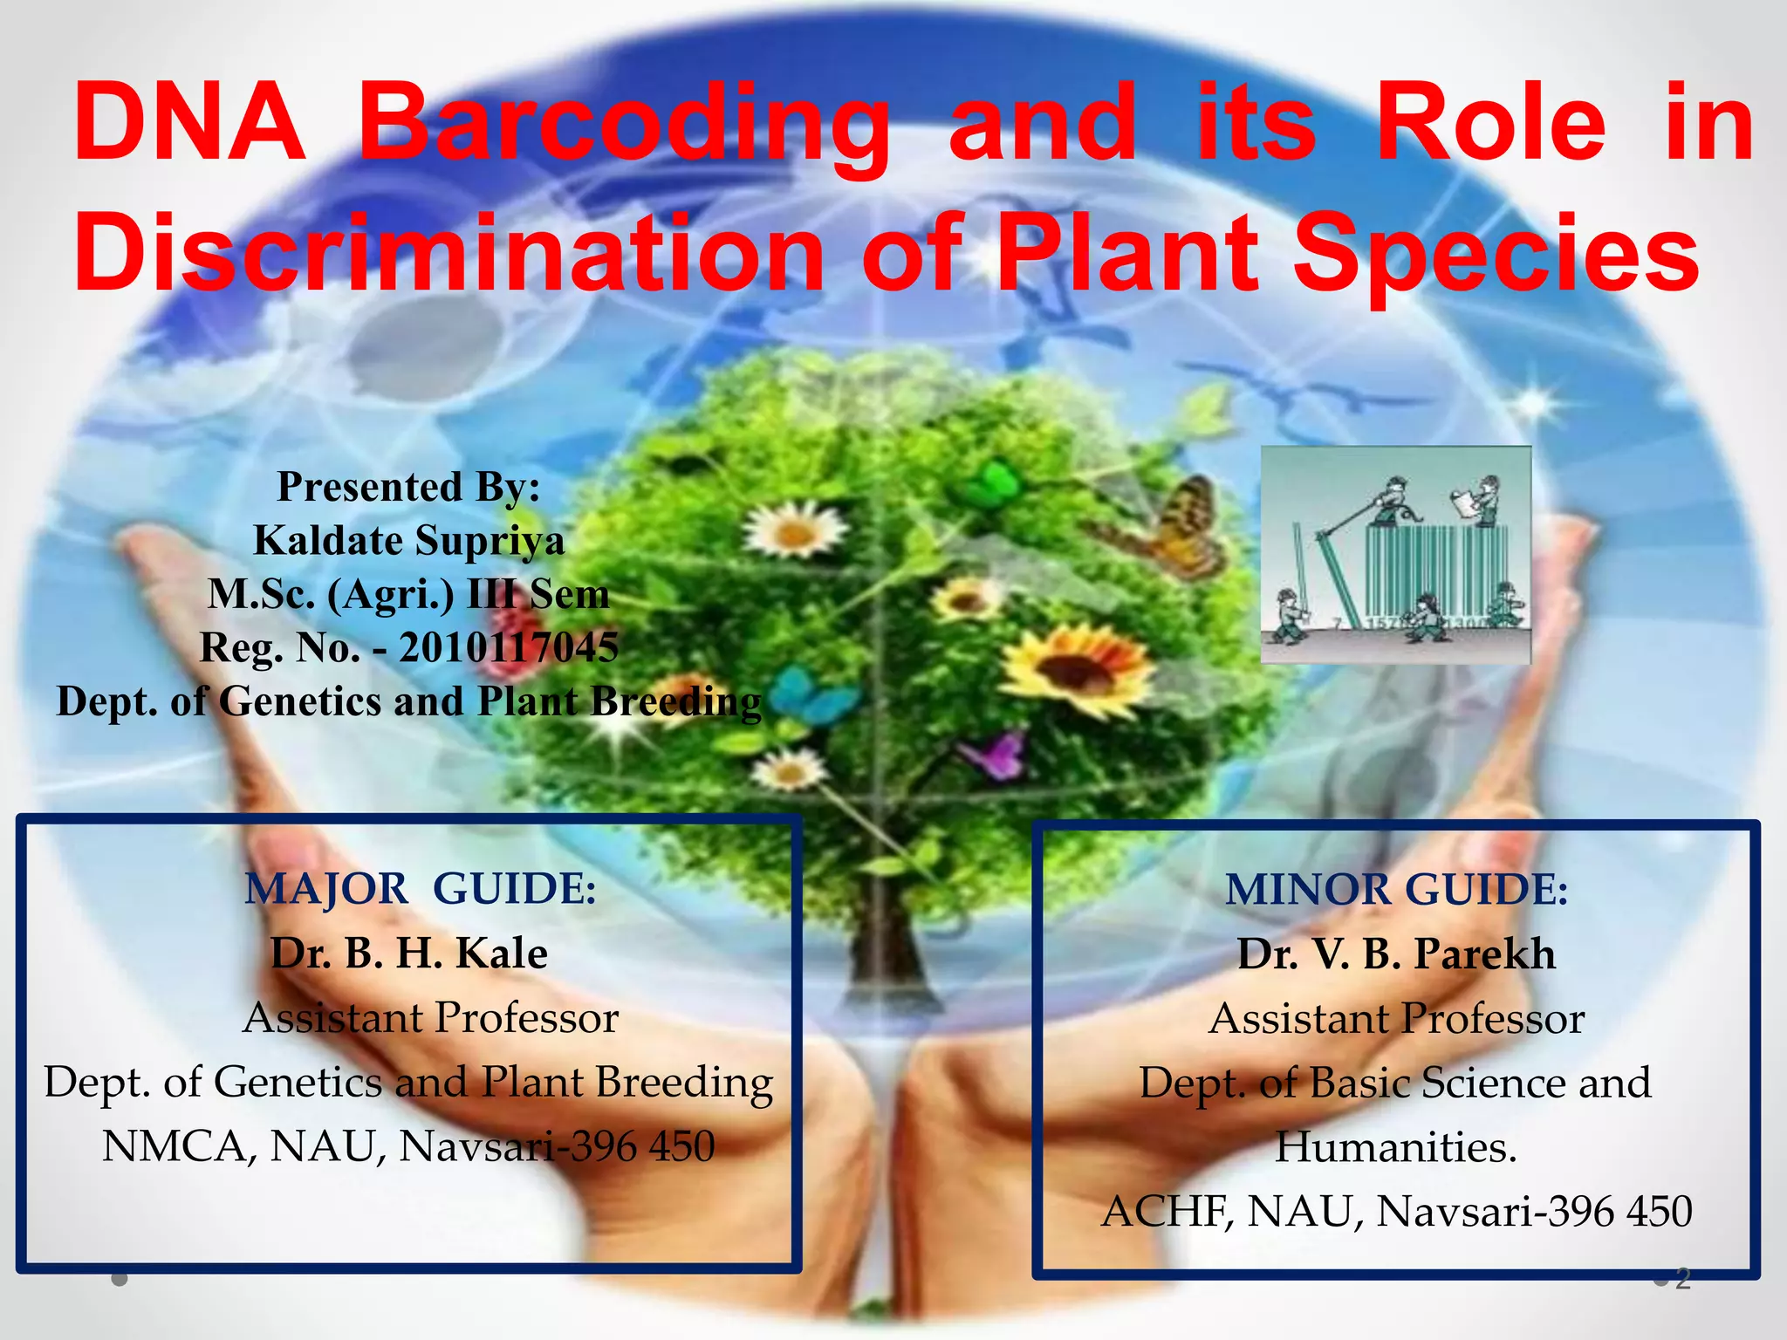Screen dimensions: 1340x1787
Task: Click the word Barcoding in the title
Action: pos(624,122)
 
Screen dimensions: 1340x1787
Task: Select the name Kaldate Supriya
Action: pos(408,540)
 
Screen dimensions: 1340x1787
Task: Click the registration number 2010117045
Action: pos(509,647)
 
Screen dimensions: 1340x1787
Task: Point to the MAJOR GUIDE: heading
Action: pos(421,889)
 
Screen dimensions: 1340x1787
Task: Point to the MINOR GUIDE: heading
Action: pos(1396,890)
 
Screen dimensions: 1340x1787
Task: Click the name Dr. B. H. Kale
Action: pos(408,953)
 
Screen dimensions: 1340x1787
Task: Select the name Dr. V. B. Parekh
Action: pos(1396,954)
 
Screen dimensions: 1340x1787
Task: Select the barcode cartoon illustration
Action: pos(1396,555)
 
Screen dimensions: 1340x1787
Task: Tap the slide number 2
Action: pos(1683,1279)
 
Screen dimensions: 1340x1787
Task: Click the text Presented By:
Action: pos(408,486)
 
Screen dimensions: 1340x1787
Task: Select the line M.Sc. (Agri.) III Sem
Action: pos(408,594)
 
